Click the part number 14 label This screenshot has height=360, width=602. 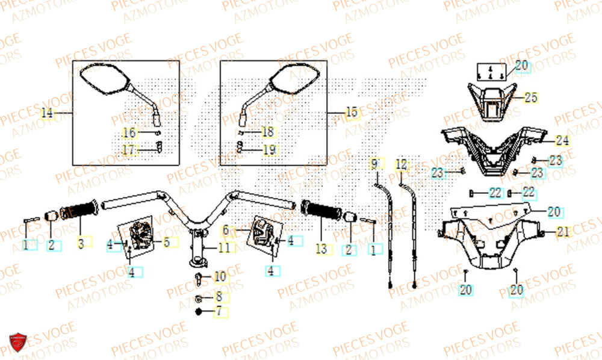(x=48, y=113)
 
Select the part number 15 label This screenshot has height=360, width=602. (x=352, y=112)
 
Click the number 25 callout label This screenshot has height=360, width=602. (x=530, y=98)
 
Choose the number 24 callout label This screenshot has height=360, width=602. (x=562, y=141)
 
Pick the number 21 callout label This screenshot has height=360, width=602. (x=563, y=232)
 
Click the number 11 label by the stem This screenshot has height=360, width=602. (x=224, y=247)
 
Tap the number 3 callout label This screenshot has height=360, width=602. (x=81, y=244)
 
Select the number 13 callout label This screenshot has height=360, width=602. (x=320, y=248)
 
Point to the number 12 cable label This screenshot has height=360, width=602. (x=402, y=163)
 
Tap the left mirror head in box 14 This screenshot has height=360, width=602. (x=104, y=78)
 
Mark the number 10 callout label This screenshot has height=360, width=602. (x=220, y=277)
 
